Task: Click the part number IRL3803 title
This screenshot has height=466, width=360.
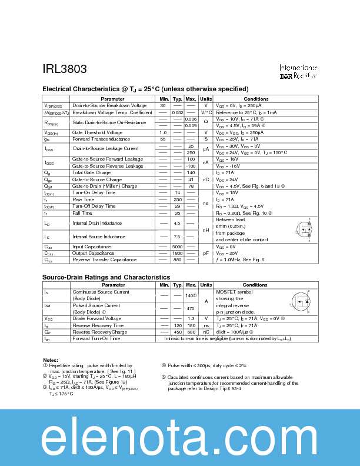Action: point(65,69)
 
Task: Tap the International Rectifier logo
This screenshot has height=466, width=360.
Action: point(298,72)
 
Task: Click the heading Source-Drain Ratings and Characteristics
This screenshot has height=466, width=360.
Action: point(106,277)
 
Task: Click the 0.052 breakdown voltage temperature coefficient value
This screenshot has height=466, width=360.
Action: point(177,112)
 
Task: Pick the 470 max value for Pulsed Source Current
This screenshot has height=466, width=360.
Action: point(191,308)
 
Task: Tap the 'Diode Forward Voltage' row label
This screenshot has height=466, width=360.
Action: point(96,318)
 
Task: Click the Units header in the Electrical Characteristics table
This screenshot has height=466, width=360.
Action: point(206,99)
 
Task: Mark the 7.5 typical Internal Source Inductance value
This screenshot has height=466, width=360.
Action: point(177,237)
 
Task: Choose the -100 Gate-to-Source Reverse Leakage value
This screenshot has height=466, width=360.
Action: point(191,166)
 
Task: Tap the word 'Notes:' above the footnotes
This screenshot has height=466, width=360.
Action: point(51,360)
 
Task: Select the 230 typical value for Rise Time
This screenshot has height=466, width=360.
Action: point(177,199)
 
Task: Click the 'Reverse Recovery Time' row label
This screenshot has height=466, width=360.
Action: point(98,325)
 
